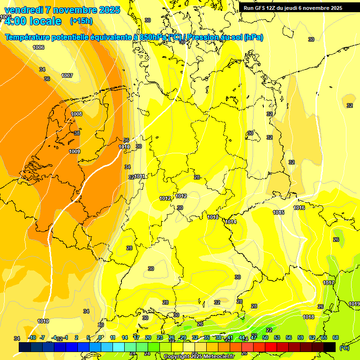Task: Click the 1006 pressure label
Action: (38, 47)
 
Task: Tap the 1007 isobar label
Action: (67, 75)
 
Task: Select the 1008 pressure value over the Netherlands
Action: (76, 114)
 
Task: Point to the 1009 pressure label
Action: (74, 151)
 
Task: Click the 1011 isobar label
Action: (140, 176)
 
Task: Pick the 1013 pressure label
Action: (213, 217)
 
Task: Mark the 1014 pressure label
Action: (231, 222)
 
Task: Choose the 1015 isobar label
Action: (278, 212)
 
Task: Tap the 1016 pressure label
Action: (299, 208)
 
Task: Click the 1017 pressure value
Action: (329, 283)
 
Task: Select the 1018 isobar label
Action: (308, 317)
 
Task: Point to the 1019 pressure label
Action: (354, 304)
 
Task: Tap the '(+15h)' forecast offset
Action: (81, 21)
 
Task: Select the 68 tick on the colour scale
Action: (336, 337)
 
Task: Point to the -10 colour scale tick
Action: (32, 337)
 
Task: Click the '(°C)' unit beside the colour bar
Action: (344, 348)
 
